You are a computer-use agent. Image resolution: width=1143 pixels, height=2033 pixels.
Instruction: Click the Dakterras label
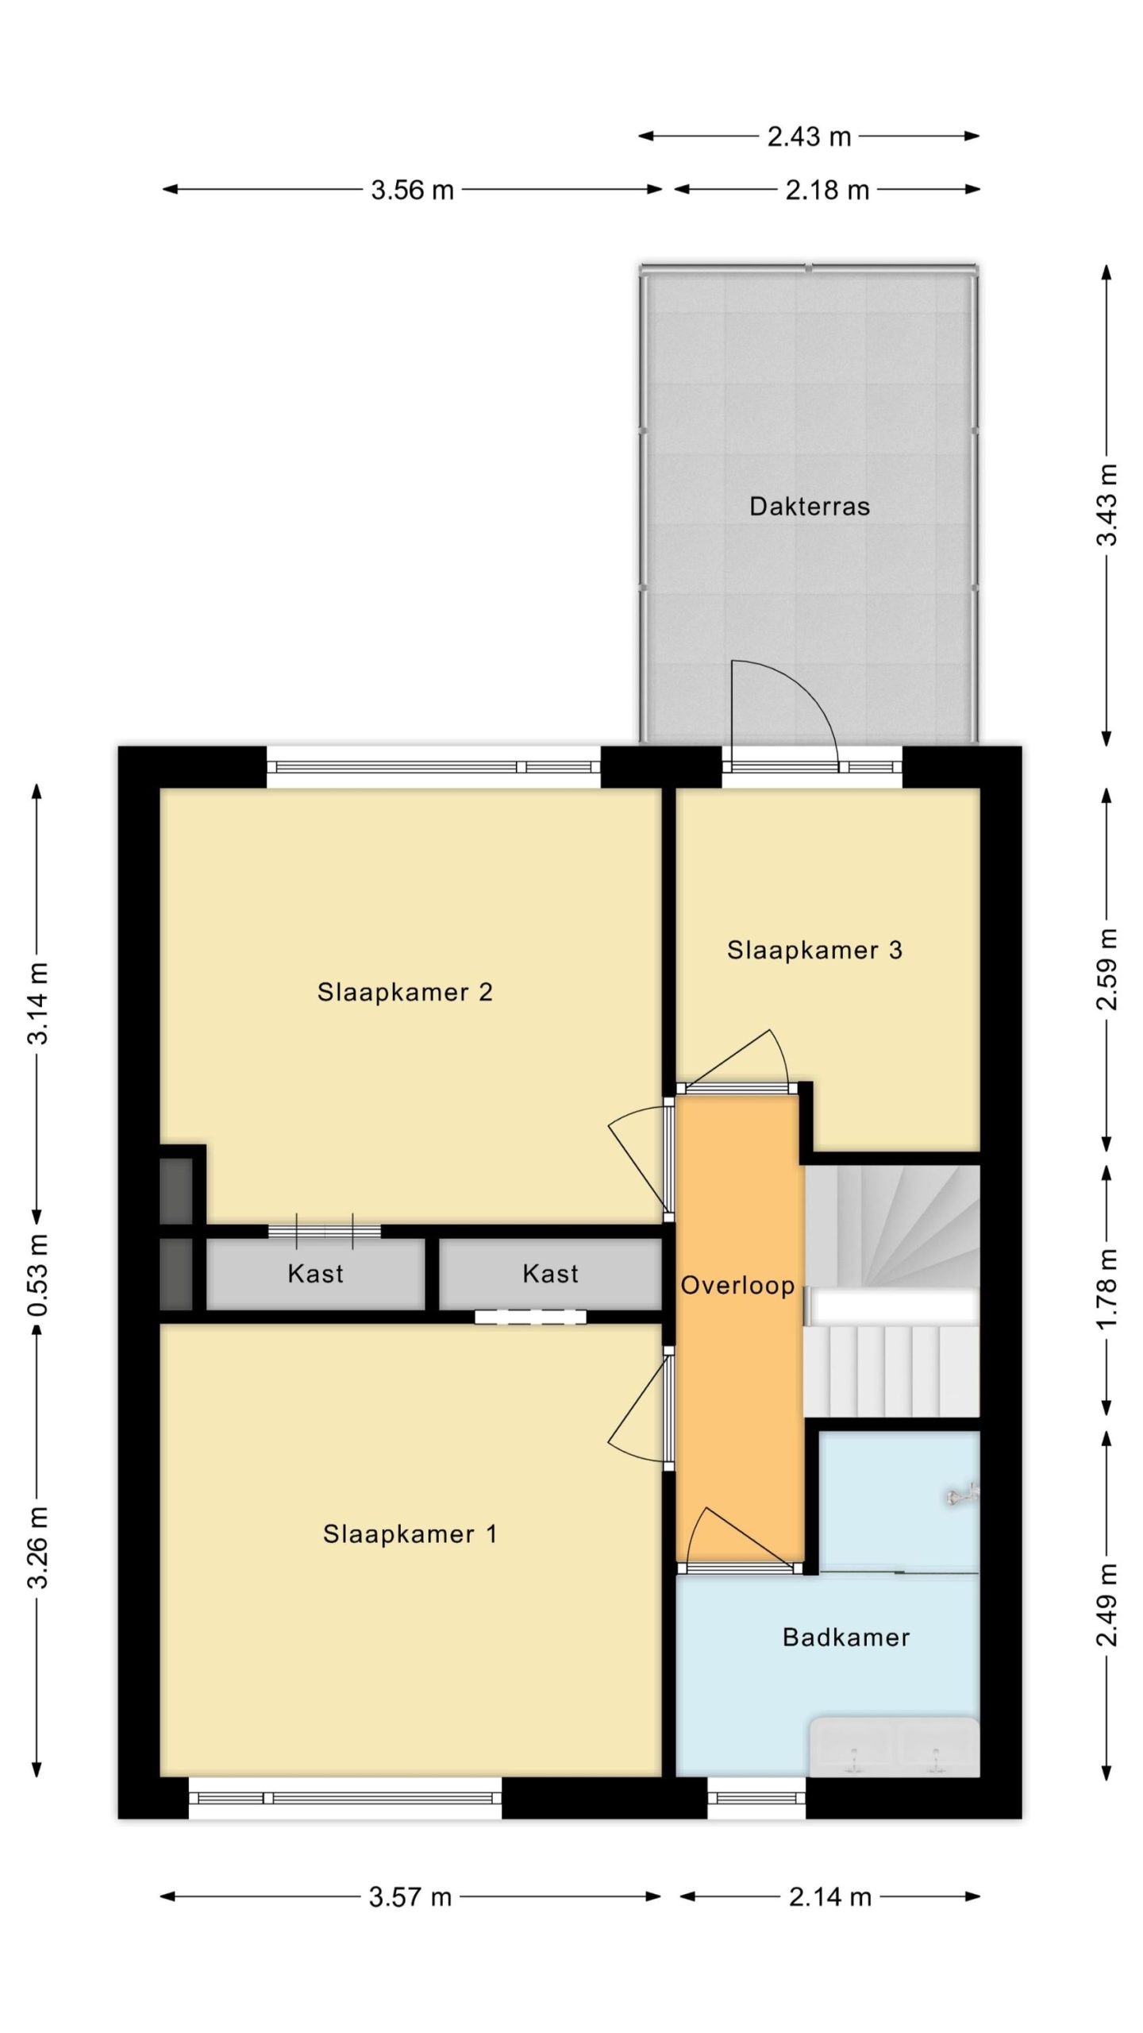tap(809, 507)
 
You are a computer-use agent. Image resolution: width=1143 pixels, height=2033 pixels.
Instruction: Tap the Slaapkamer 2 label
tap(405, 992)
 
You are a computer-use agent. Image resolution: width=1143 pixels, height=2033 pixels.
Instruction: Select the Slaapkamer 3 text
tap(814, 950)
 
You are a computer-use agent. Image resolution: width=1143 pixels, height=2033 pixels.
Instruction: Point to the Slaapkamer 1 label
tap(410, 1533)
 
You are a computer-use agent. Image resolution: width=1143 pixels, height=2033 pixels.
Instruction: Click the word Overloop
tap(737, 1287)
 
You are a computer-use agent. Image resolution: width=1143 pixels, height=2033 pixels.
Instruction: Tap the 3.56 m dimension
tap(412, 190)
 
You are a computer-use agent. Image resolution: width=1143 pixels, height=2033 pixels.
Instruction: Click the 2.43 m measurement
tap(809, 137)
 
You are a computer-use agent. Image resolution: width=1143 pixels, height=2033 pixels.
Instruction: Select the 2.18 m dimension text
tap(827, 190)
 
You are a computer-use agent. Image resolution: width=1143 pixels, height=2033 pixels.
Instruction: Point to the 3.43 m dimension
tap(1106, 505)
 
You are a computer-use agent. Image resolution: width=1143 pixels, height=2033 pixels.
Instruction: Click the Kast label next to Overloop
tap(550, 1273)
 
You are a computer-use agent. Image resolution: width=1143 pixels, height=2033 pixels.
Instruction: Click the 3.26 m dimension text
tap(38, 1547)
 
